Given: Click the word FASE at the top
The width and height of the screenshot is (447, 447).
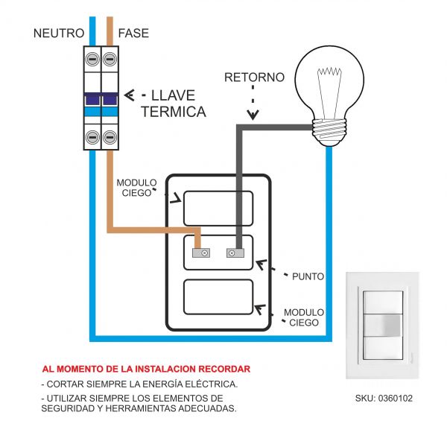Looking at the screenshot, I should [x=133, y=34].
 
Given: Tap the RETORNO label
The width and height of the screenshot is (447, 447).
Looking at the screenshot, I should [x=254, y=77].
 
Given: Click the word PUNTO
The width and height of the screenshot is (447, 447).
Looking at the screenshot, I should [x=308, y=276].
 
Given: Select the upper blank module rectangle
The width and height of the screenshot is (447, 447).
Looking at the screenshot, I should [x=218, y=208].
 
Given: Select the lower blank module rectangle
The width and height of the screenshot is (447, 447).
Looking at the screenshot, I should [x=218, y=298].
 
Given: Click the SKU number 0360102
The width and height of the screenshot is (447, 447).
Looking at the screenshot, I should [x=384, y=399].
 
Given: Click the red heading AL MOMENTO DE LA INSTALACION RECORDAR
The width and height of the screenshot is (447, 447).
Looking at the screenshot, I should [x=146, y=369].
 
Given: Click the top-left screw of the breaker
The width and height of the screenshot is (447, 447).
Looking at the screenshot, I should [x=93, y=58].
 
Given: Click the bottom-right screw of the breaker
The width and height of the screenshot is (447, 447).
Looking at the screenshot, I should [x=110, y=137].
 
